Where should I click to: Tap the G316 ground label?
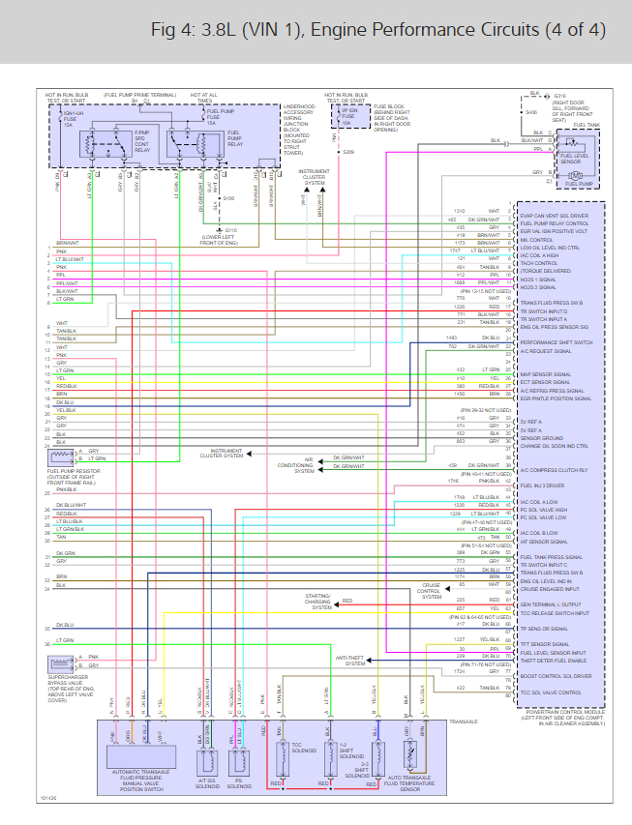(560, 96)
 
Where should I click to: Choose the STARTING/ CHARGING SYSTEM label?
(320, 602)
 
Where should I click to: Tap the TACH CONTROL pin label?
(539, 263)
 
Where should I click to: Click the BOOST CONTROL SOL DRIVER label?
(555, 675)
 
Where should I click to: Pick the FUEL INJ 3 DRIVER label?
(543, 485)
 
